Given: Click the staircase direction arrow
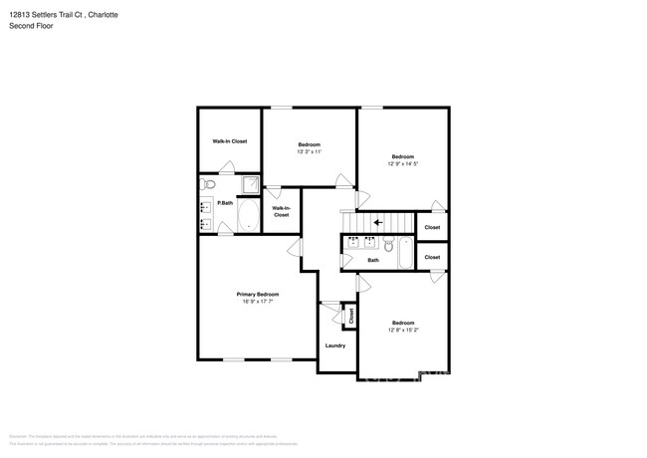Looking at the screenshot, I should pyautogui.click(x=377, y=223).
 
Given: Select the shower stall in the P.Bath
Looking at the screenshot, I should pyautogui.click(x=250, y=184).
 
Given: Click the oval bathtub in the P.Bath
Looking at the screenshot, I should pyautogui.click(x=248, y=216).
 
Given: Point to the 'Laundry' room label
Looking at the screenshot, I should pyautogui.click(x=335, y=345).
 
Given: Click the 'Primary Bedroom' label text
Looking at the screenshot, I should pyautogui.click(x=257, y=294).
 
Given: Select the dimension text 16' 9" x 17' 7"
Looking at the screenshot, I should pyautogui.click(x=257, y=302).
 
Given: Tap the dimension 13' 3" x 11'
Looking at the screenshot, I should pyautogui.click(x=309, y=152).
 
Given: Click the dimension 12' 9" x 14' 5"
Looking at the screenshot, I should pyautogui.click(x=402, y=163).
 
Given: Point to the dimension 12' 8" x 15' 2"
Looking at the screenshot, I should pyautogui.click(x=402, y=330).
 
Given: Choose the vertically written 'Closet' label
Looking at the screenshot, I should pyautogui.click(x=351, y=316).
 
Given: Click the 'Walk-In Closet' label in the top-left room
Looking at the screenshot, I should pyautogui.click(x=229, y=141).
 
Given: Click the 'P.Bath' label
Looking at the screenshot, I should pyautogui.click(x=225, y=203).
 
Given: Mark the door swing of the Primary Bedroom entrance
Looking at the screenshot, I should pyautogui.click(x=296, y=248).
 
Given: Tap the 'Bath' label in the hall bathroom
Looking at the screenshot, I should pyautogui.click(x=373, y=261).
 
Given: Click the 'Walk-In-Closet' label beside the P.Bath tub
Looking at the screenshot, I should pyautogui.click(x=281, y=211).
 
